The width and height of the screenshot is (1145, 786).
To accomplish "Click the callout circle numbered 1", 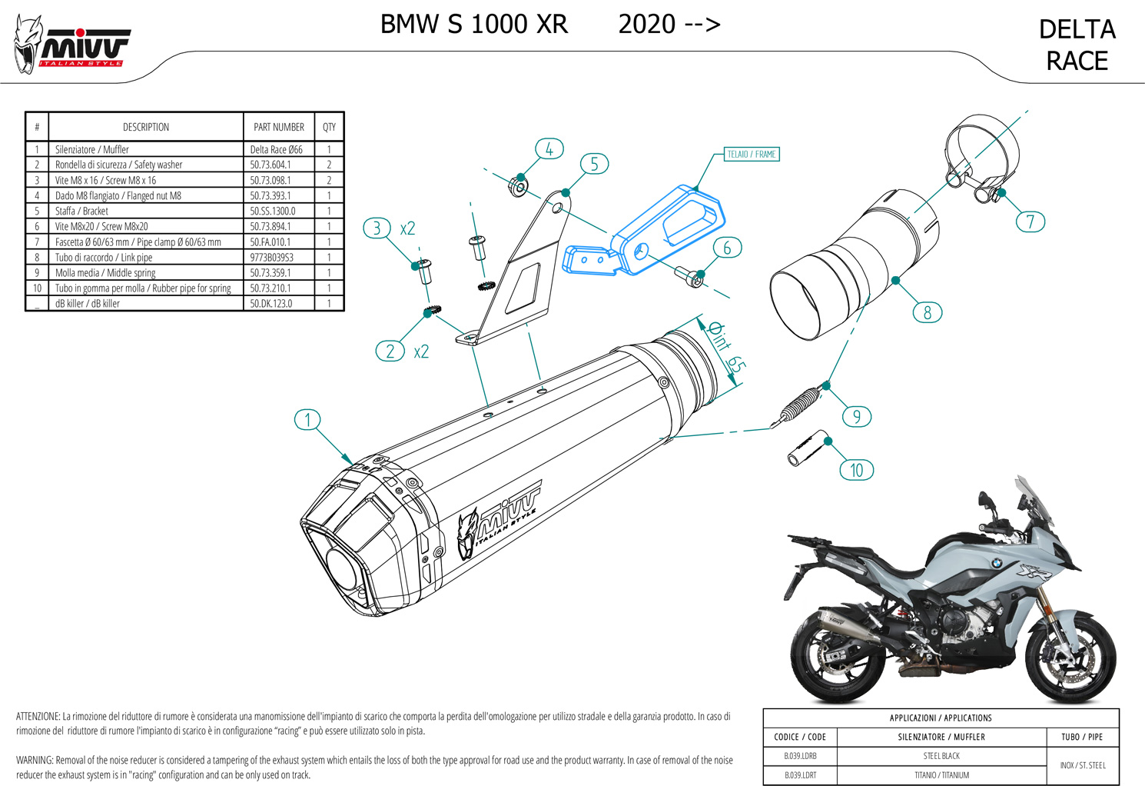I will pyautogui.click(x=307, y=420).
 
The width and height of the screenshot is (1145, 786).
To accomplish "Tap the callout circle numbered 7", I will pyautogui.click(x=1030, y=222).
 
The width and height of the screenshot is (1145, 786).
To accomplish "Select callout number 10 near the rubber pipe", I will pyautogui.click(x=856, y=470).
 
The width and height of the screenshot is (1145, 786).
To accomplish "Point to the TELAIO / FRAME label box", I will pyautogui.click(x=752, y=155).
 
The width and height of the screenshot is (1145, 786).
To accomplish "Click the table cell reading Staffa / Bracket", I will pyautogui.click(x=81, y=211).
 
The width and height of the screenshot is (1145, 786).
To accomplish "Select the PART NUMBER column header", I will pyautogui.click(x=278, y=127).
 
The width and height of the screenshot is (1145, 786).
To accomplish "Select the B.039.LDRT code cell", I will pyautogui.click(x=800, y=775).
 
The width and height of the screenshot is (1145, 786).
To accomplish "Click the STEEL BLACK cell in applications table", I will pyautogui.click(x=941, y=756).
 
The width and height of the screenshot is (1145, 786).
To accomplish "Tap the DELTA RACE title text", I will pyautogui.click(x=1077, y=45).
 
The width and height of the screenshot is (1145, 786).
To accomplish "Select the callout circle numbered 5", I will pyautogui.click(x=594, y=164).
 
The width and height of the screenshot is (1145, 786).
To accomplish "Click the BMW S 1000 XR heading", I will pyautogui.click(x=474, y=25).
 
